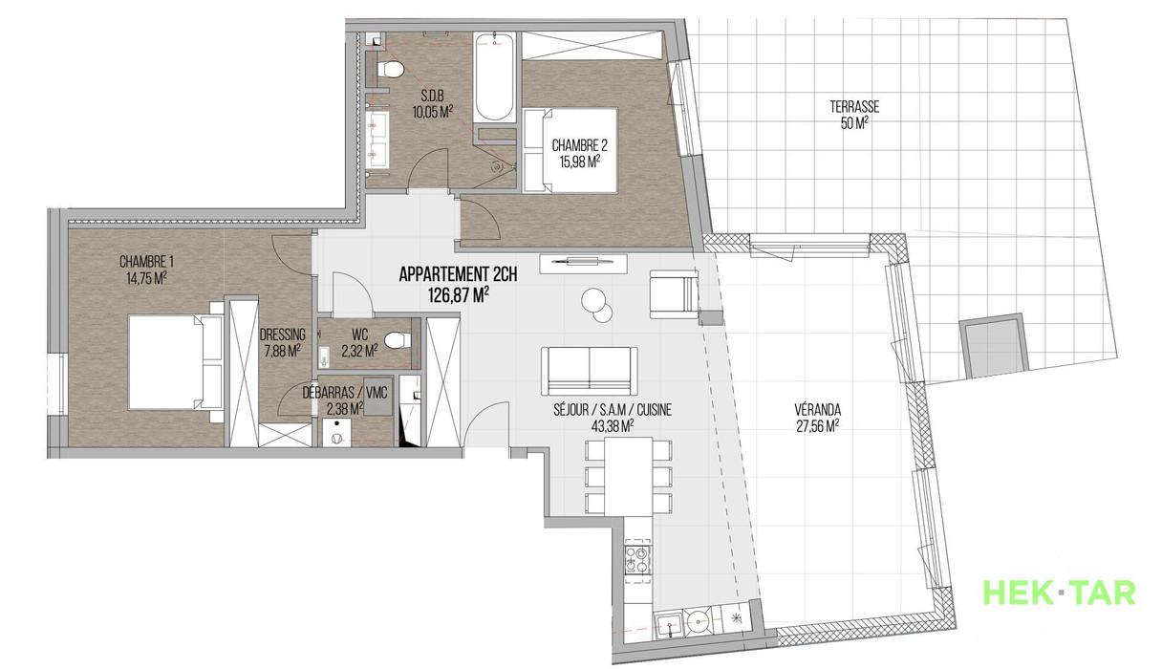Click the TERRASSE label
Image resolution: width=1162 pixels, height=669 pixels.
854,107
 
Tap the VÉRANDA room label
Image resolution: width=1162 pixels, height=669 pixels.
818,410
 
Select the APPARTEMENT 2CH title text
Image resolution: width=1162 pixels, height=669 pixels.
458,274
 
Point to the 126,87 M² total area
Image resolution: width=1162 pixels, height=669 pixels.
459,295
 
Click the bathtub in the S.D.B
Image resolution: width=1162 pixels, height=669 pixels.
494,77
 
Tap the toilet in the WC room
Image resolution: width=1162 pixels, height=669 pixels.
398,340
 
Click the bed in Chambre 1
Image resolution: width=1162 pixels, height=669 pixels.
175,362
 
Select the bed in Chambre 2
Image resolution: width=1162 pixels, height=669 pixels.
570,150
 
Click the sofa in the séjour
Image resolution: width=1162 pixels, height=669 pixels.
590,371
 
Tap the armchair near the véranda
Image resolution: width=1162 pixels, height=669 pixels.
674,293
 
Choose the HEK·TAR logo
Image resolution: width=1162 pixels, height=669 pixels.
1060,593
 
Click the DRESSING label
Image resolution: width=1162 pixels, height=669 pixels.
283,334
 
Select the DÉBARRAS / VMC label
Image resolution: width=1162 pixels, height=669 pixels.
345,393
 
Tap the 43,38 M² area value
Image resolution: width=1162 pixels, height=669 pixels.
613,426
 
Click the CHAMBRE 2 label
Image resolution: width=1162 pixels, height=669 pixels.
579,145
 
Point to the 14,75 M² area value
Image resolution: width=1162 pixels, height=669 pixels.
146,278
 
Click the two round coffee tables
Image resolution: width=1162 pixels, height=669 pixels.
596,305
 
